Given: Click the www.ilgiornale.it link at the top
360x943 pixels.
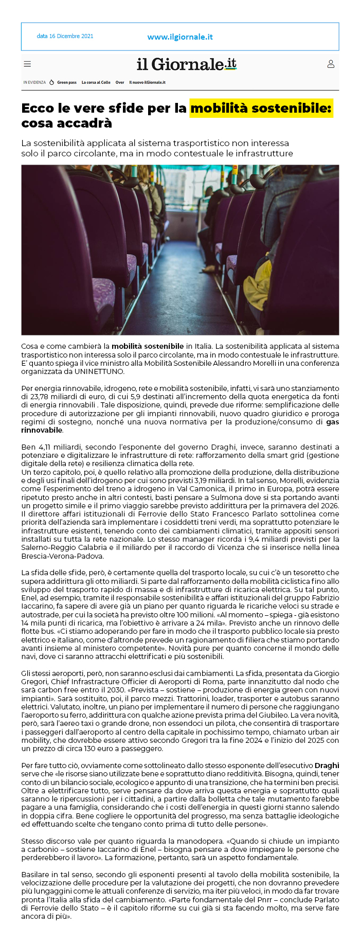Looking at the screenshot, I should pyautogui.click(x=180, y=37).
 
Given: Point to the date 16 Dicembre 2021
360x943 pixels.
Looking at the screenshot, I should pyautogui.click(x=65, y=37).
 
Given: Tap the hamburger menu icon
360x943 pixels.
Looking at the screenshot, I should pyautogui.click(x=27, y=64).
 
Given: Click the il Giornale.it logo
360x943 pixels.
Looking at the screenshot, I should pyautogui.click(x=186, y=64).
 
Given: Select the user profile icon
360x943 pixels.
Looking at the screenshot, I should pyautogui.click(x=331, y=64).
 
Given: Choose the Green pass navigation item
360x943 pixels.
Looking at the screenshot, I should pyautogui.click(x=66, y=82).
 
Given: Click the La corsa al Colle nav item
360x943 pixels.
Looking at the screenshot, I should pyautogui.click(x=96, y=82).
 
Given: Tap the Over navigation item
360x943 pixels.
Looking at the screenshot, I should pyautogui.click(x=120, y=82).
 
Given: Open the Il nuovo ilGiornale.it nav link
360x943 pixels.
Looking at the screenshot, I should pyautogui.click(x=147, y=82).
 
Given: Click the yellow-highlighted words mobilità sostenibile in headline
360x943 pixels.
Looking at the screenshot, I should pyautogui.click(x=261, y=109).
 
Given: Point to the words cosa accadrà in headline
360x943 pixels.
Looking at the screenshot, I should pyautogui.click(x=66, y=123).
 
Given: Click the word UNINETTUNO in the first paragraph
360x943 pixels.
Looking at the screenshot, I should pyautogui.click(x=100, y=371).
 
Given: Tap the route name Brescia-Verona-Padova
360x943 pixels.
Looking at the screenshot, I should pyautogui.click(x=63, y=556).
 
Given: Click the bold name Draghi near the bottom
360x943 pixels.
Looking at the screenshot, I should pyautogui.click(x=327, y=766).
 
